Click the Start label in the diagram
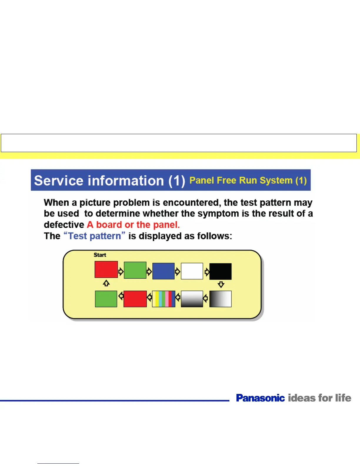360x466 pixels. [100, 255]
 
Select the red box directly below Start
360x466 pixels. [106, 269]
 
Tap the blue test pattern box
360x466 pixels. [164, 271]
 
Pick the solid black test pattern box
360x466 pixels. [221, 271]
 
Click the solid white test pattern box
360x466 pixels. [192, 271]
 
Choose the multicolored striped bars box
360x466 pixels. [164, 299]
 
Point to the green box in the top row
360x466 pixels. [135, 270]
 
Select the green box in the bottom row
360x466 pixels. [106, 299]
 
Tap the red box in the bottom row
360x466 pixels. [135, 299]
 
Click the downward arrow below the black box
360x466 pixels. [221, 284]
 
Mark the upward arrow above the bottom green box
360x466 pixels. [106, 283]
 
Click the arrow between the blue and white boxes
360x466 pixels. [177, 271]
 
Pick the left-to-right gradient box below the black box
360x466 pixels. [221, 299]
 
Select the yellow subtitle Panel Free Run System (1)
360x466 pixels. [248, 180]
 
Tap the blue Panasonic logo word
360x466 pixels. [260, 398]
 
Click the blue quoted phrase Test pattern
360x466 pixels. [94, 236]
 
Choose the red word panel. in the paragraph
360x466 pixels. [166, 225]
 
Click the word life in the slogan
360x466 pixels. [343, 398]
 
